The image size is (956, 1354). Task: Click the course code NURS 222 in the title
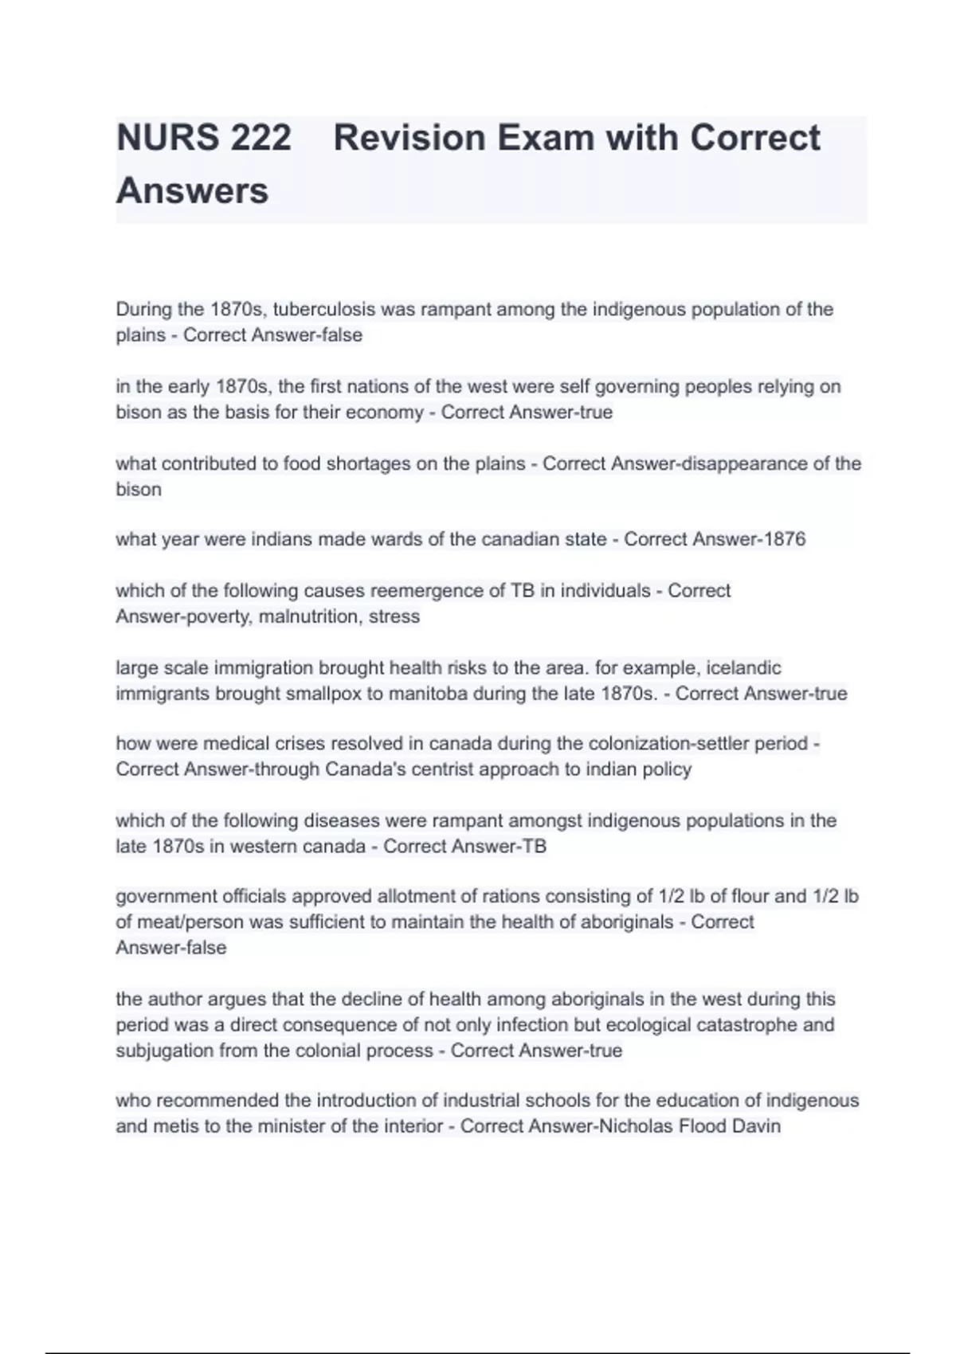[204, 138]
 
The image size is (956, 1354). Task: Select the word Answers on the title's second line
[192, 191]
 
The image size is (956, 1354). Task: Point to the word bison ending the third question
[139, 489]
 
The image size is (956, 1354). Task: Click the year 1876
[784, 539]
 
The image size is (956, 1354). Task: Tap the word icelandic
[743, 667]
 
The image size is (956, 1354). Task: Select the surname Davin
[758, 1126]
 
